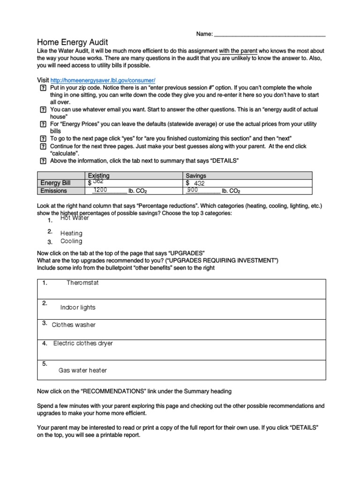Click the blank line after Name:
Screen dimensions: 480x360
[x=270, y=35]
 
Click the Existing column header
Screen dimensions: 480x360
[x=99, y=175]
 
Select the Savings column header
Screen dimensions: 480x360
[x=196, y=175]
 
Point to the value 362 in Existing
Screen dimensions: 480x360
[x=98, y=181]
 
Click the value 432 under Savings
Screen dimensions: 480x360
[x=199, y=184]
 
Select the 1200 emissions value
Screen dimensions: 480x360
[x=101, y=190]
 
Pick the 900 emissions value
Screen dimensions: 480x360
[x=192, y=190]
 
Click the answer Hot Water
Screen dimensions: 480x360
[x=75, y=218]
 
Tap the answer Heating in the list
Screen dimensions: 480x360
[x=71, y=233]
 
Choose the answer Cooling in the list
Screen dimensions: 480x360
[x=71, y=241]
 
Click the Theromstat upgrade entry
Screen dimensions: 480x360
[x=82, y=283]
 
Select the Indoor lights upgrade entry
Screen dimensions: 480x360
[x=78, y=307]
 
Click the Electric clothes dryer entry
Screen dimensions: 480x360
[x=83, y=343]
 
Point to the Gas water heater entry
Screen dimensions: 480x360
[x=82, y=370]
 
